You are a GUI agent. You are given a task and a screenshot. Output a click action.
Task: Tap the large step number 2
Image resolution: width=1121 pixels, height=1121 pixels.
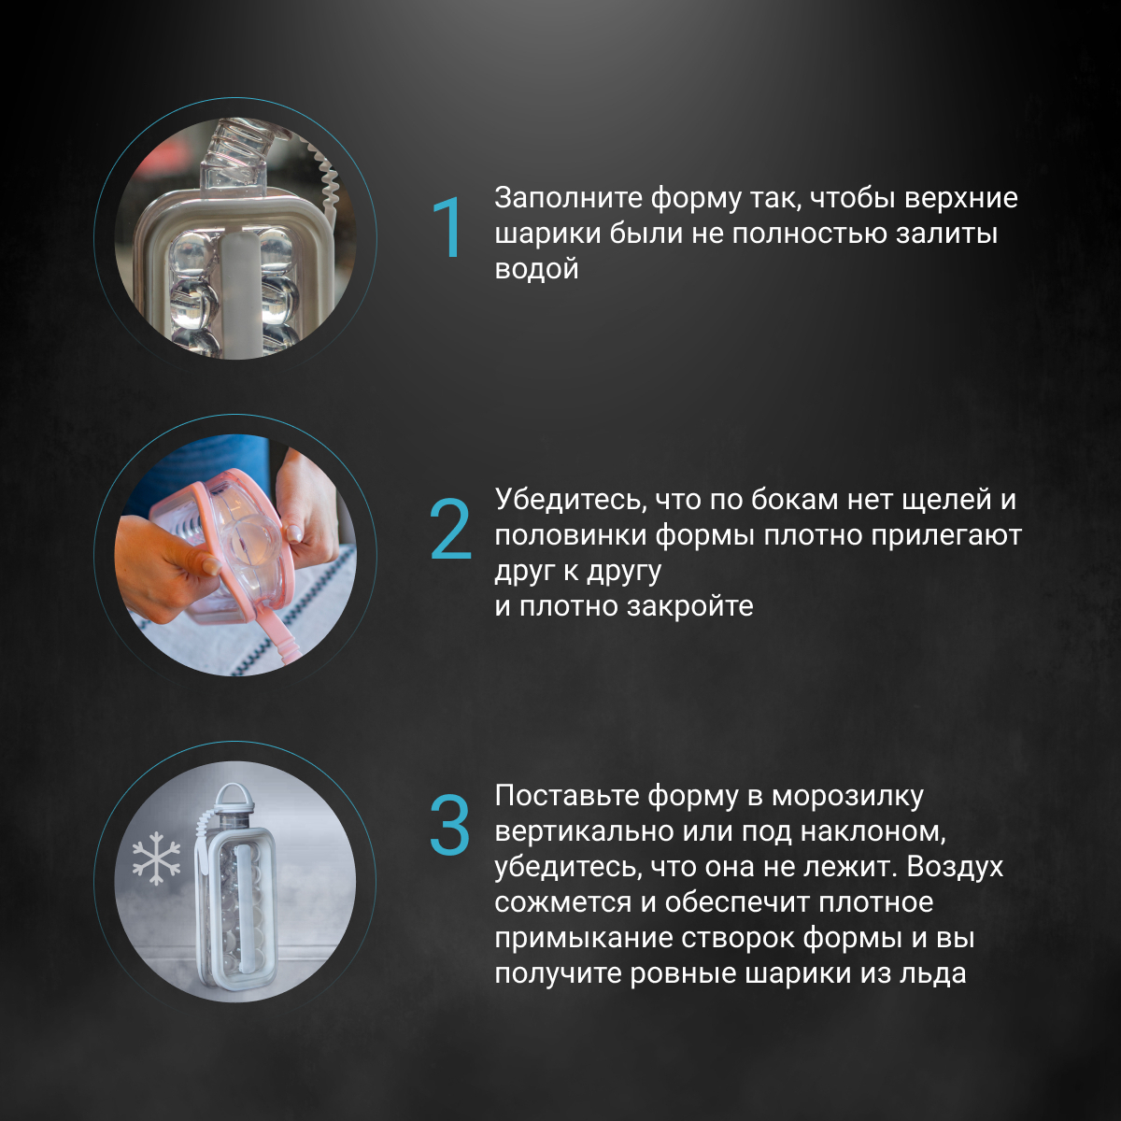point(450,529)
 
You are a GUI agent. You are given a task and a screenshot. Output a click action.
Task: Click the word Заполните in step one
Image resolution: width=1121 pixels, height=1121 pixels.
point(567,198)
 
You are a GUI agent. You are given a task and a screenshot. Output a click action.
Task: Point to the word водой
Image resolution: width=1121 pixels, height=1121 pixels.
point(536,269)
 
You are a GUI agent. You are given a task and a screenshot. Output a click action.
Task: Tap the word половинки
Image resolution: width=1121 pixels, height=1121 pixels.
point(571,535)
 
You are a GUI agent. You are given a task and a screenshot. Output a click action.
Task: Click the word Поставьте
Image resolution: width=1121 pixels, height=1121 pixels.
point(567,795)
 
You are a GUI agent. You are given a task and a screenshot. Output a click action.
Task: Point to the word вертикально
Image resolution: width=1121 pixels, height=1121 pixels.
point(584,831)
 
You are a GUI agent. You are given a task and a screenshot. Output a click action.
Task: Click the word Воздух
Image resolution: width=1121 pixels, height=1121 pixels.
point(955,867)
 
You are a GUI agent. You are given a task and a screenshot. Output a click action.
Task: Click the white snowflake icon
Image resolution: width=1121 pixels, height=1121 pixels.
point(157,858)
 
